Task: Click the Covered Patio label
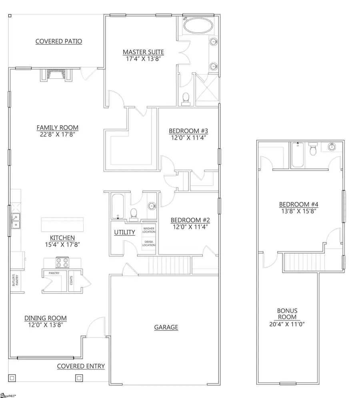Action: pyautogui.click(x=58, y=42)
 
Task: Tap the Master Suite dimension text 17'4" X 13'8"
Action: pyautogui.click(x=143, y=59)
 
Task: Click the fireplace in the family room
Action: pyautogui.click(x=56, y=75)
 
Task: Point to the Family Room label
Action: pyautogui.click(x=58, y=128)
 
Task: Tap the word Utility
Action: pyautogui.click(x=124, y=232)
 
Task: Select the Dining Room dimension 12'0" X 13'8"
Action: pyautogui.click(x=46, y=325)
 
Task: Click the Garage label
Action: pyautogui.click(x=166, y=327)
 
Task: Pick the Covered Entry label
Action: pyautogui.click(x=81, y=366)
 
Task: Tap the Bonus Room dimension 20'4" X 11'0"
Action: pyautogui.click(x=287, y=325)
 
